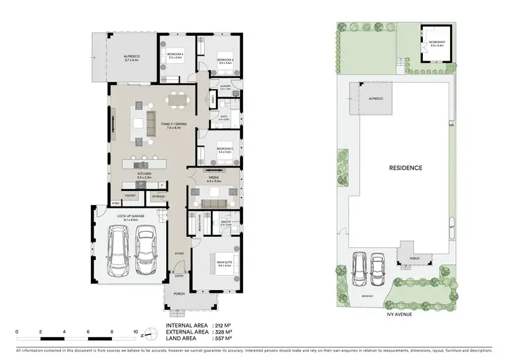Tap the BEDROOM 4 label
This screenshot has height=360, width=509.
pyautogui.click(x=176, y=55)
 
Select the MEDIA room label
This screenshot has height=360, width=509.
pyautogui.click(x=214, y=179)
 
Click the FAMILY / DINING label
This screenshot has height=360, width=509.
pyautogui.click(x=172, y=124)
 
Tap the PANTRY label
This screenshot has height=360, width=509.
pyautogui.click(x=131, y=196)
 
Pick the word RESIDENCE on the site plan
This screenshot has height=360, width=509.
pyautogui.click(x=406, y=168)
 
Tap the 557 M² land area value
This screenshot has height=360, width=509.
pyautogui.click(x=224, y=338)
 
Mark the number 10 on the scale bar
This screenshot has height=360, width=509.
pyautogui.click(x=135, y=331)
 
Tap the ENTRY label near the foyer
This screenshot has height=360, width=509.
pyautogui.click(x=179, y=276)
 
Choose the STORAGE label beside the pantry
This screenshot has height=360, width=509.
pyautogui.click(x=159, y=196)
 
